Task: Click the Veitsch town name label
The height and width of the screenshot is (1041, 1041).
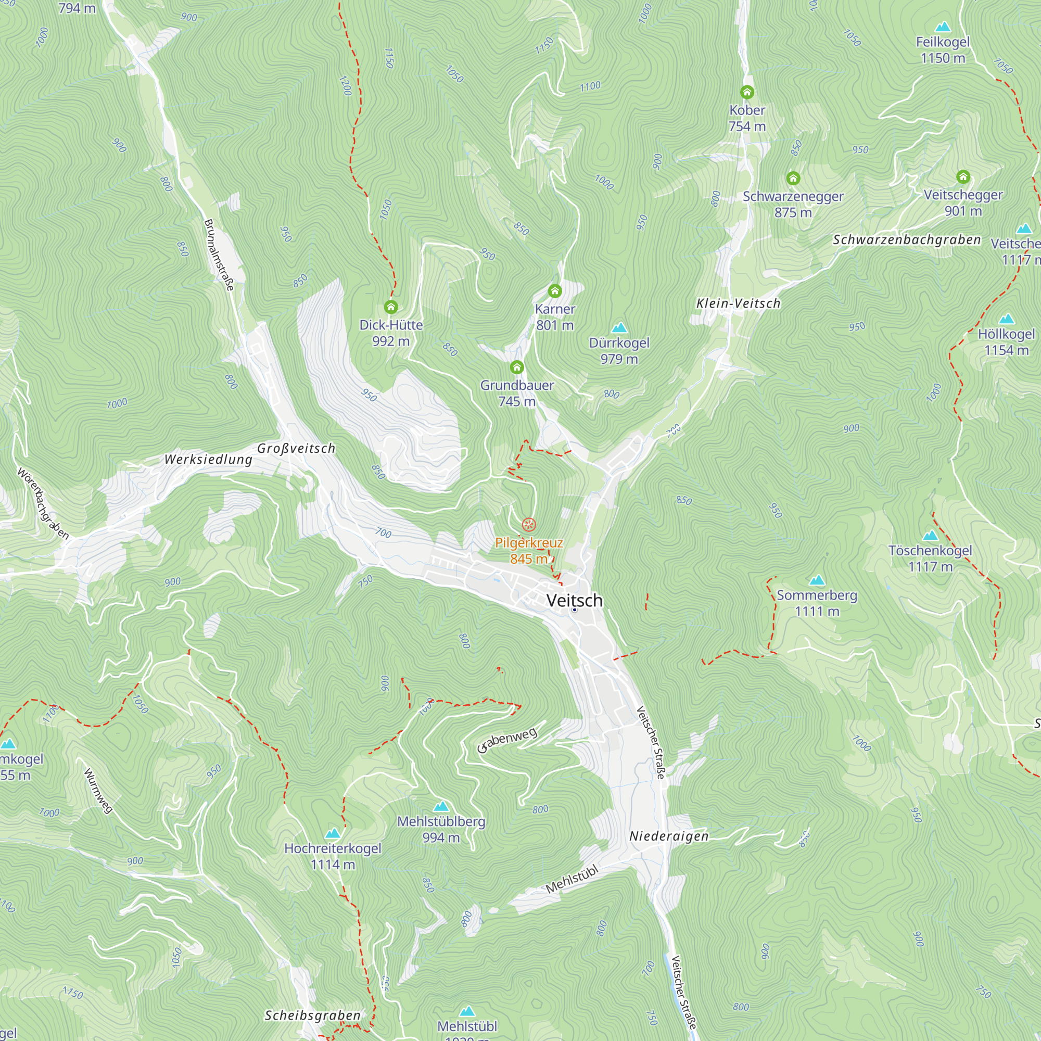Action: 575,600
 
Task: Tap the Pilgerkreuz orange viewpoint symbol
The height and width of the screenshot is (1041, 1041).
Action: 529,524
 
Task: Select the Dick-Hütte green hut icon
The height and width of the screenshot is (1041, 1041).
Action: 391,307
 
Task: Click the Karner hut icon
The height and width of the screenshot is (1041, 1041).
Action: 554,291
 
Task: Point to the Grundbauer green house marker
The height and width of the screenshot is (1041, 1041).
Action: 517,367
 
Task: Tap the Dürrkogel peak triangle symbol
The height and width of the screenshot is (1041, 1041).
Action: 619,327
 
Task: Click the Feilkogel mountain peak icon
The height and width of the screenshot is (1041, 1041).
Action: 943,27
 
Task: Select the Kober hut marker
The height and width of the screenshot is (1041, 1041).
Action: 747,92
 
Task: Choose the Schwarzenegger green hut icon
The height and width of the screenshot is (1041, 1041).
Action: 793,179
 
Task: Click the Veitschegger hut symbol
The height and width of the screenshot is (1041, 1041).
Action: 963,177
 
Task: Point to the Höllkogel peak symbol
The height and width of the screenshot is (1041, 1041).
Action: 1006,319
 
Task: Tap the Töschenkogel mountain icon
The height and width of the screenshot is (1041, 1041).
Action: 930,536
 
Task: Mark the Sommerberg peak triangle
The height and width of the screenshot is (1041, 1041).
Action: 817,580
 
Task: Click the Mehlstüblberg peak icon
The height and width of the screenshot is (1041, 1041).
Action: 441,807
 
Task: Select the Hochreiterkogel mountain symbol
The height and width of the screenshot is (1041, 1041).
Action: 333,833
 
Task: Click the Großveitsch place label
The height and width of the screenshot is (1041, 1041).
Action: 296,448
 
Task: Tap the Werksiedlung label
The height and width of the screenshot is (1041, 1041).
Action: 208,460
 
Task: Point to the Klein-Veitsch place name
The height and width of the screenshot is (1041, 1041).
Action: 738,303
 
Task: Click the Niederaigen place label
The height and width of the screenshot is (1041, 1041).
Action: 669,836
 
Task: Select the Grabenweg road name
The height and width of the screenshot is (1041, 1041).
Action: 507,740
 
